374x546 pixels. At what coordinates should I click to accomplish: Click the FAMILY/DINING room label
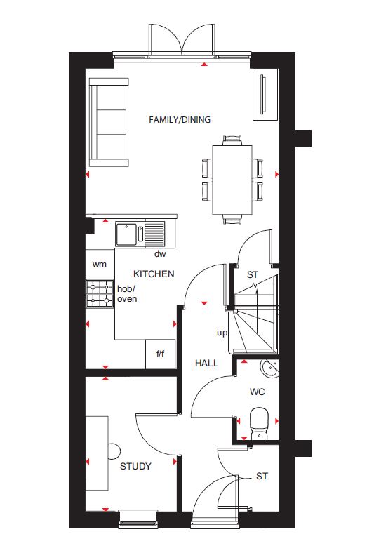tap(180, 120)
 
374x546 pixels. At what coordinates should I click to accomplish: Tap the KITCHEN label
tap(154, 274)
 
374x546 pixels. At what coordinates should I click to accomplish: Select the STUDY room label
tap(135, 466)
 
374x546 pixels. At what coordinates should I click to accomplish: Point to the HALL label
tap(206, 364)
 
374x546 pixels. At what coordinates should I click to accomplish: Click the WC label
tap(257, 392)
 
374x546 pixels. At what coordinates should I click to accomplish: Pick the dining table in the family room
tap(232, 180)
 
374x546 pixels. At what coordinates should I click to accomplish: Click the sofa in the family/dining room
tap(109, 122)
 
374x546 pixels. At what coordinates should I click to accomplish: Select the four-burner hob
tap(100, 293)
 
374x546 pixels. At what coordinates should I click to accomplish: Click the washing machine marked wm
tap(100, 265)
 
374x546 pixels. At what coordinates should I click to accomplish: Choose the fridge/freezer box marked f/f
tap(160, 354)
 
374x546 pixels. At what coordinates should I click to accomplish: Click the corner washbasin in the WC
tap(270, 368)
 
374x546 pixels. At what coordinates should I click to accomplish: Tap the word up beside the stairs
tap(222, 333)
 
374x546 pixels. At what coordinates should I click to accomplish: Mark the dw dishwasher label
tap(160, 254)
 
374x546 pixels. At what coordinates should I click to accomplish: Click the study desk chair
tap(114, 451)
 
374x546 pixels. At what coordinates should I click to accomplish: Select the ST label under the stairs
tap(253, 274)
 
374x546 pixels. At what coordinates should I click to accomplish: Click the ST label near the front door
tap(262, 476)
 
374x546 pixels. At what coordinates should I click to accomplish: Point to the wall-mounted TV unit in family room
tap(265, 95)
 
